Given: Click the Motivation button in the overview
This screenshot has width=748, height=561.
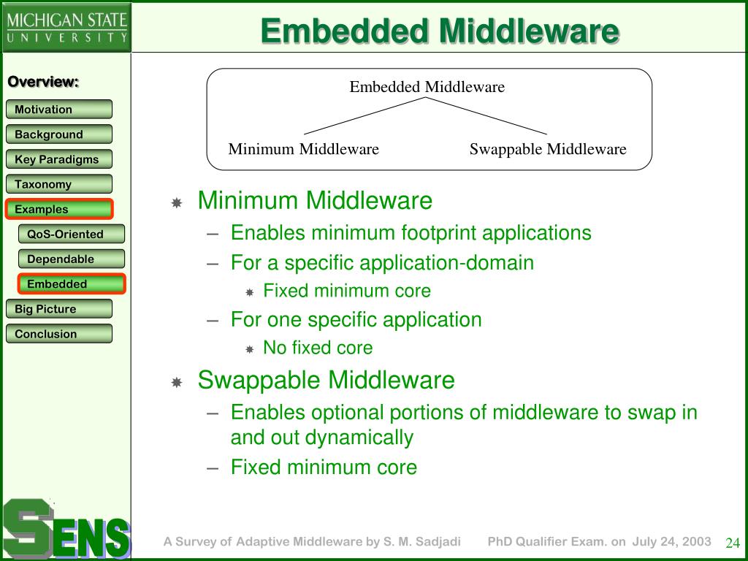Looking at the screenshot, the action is [x=59, y=110].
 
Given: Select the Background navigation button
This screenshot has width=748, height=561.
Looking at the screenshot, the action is [x=59, y=134].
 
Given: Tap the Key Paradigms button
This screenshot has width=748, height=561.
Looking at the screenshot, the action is [x=59, y=159].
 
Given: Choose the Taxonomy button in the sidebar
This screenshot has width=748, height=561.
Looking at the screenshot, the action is [x=59, y=184].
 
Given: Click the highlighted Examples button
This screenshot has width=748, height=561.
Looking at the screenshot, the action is [x=59, y=209].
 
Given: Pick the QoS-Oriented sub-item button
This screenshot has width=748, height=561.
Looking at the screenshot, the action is [x=72, y=234].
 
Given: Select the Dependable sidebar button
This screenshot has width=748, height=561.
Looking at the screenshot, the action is [x=72, y=259].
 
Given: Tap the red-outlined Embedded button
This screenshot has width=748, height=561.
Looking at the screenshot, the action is [x=72, y=284].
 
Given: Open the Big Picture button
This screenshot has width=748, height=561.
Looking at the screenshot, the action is [x=59, y=309].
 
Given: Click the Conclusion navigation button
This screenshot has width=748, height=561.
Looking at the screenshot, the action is [x=59, y=333].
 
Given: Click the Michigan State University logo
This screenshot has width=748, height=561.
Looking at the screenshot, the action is [x=66, y=27].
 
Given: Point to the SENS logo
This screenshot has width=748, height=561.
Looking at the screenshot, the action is [x=66, y=529].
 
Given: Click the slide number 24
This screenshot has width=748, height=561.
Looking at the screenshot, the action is [x=732, y=543].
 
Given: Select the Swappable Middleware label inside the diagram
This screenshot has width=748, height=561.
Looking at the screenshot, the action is [x=548, y=149].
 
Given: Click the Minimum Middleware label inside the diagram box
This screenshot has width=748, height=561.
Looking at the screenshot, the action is [x=303, y=149].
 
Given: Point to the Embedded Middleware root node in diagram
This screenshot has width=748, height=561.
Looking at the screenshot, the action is [x=427, y=87].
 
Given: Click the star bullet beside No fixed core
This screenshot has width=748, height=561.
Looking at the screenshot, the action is [x=250, y=349].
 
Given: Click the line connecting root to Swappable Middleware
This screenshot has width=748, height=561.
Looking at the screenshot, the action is [x=486, y=116].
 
